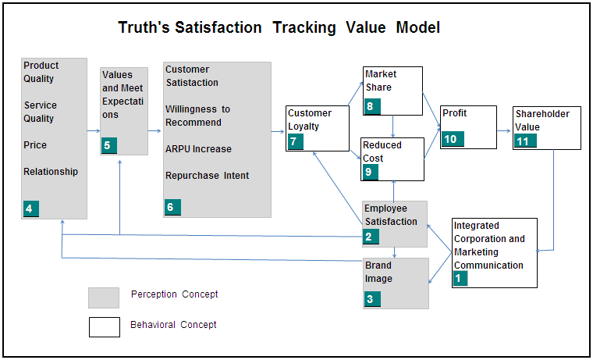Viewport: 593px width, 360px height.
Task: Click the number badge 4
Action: click(31, 209)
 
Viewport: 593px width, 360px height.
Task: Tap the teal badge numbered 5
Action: click(109, 145)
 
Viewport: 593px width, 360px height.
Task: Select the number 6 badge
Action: click(172, 207)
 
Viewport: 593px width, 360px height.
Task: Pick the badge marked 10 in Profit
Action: click(453, 139)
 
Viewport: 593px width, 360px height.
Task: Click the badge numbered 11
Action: click(525, 141)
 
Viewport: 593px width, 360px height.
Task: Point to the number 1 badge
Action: click(460, 278)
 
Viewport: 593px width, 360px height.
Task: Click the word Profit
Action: click(455, 113)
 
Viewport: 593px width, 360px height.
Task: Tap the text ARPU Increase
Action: click(198, 149)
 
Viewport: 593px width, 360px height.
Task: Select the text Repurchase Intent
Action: click(208, 176)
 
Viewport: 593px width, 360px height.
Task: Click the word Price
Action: click(35, 145)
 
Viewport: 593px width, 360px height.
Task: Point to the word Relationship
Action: click(51, 172)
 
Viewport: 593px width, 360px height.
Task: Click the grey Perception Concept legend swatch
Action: click(104, 298)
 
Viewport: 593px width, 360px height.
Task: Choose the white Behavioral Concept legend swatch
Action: click(105, 327)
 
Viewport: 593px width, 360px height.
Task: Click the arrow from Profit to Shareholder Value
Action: click(504, 131)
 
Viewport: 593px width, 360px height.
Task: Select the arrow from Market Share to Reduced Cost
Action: click(393, 126)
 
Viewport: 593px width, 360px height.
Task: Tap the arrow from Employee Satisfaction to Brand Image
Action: click(395, 252)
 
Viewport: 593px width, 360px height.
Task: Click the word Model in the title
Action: click(418, 27)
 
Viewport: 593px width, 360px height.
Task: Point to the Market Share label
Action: click(381, 80)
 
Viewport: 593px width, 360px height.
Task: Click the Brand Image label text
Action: click(378, 273)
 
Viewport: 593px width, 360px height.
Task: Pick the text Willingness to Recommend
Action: click(197, 116)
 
